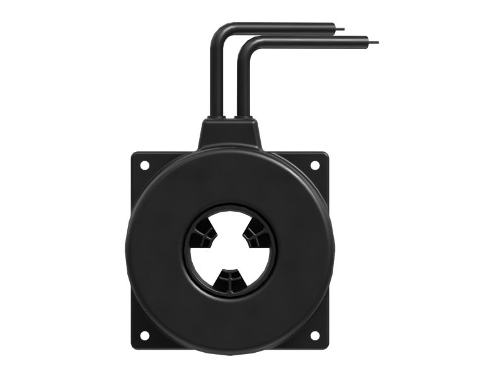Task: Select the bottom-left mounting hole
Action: coord(144,335)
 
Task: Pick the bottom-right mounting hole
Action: coord(314,335)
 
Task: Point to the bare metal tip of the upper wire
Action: coord(343,28)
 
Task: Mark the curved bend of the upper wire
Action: coord(217,31)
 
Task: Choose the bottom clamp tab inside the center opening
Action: coord(229,281)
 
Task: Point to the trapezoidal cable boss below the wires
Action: coord(230,132)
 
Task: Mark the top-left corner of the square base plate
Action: coord(133,153)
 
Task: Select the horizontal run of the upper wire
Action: coord(277,26)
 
